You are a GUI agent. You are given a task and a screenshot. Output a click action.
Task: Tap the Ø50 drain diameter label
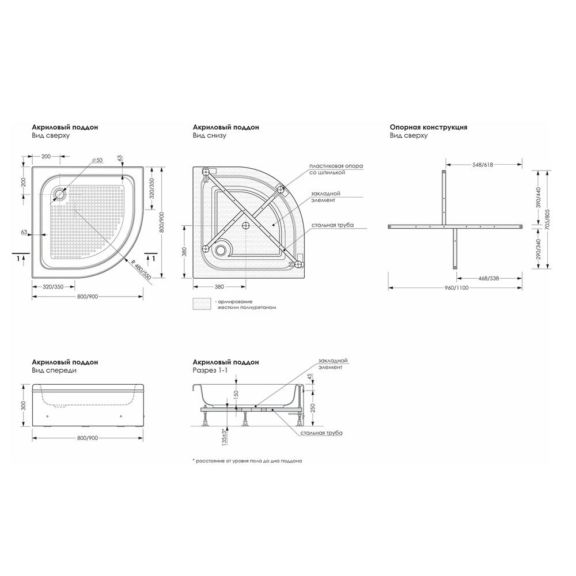pyautogui.click(x=97, y=160)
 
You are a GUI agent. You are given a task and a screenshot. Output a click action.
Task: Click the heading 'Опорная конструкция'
pyautogui.click(x=429, y=127)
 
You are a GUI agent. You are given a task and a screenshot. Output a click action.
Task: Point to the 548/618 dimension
pyautogui.click(x=482, y=165)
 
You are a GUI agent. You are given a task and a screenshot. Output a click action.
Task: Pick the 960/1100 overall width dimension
pyautogui.click(x=455, y=287)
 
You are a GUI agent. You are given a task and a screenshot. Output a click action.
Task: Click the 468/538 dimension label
pyautogui.click(x=488, y=278)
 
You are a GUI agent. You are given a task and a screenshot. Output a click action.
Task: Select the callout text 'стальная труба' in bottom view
pyautogui.click(x=333, y=225)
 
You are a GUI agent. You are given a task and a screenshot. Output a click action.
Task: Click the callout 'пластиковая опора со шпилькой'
pyautogui.click(x=336, y=169)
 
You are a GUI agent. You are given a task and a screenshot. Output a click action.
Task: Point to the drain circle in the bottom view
pyautogui.click(x=221, y=250)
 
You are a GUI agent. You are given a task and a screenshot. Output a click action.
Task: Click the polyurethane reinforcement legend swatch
pyautogui.click(x=202, y=304)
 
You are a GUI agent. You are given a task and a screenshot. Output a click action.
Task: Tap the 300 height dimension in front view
pyautogui.click(x=24, y=406)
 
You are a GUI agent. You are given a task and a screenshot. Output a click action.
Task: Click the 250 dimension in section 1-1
pyautogui.click(x=313, y=408)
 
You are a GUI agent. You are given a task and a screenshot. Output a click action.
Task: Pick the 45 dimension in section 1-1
pyautogui.click(x=310, y=377)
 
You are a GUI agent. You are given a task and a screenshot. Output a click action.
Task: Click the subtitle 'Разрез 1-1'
pyautogui.click(x=210, y=370)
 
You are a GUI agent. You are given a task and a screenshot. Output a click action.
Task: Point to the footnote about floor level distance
pyautogui.click(x=247, y=461)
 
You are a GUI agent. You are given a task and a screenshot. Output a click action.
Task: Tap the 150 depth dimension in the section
pyautogui.click(x=236, y=394)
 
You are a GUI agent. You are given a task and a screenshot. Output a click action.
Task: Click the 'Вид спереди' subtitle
pyautogui.click(x=54, y=370)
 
